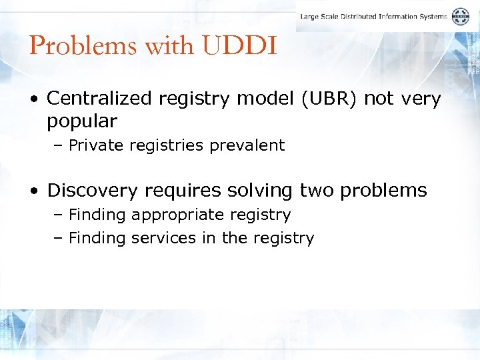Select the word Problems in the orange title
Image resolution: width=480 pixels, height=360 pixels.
(73, 46)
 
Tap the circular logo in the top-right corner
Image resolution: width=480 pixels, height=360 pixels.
(461, 17)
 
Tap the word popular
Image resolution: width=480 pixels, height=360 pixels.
(81, 121)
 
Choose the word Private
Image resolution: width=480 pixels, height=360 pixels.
(95, 145)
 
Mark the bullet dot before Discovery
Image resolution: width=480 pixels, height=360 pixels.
(35, 191)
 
